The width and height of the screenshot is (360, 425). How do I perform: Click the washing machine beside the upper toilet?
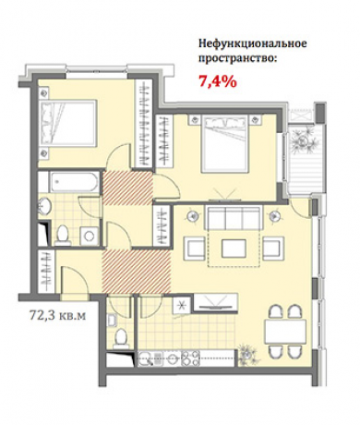point(88,235)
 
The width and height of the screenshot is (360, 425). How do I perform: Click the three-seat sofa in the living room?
point(232,219)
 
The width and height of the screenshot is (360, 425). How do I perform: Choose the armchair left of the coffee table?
point(194,248)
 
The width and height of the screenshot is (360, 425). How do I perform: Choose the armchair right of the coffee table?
point(271,248)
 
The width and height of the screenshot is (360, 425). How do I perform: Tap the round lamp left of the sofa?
point(191,215)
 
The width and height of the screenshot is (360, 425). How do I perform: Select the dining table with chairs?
point(282,331)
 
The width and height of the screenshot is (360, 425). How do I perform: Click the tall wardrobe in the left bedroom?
point(145,125)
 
